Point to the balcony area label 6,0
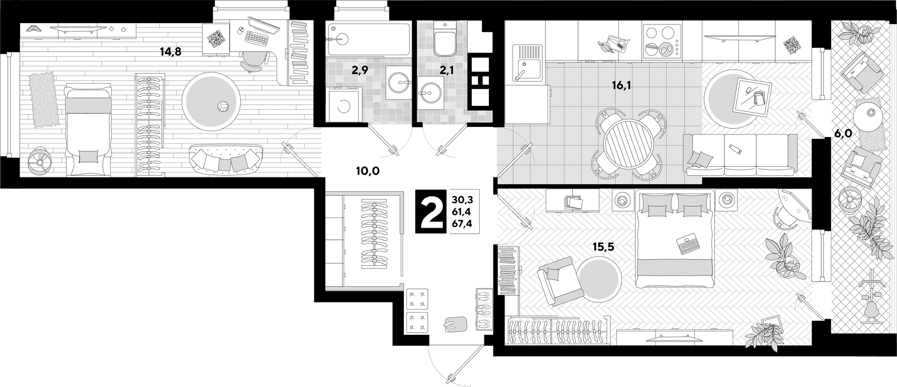[842, 134]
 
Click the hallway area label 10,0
[367, 171]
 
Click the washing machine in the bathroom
[344, 105]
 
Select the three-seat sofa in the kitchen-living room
[740, 155]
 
